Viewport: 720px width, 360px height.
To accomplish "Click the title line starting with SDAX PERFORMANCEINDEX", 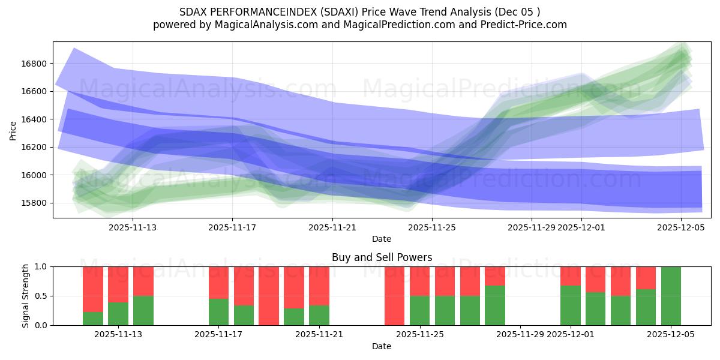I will click(x=360, y=12).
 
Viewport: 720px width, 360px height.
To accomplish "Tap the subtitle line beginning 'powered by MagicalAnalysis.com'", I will click(x=360, y=25).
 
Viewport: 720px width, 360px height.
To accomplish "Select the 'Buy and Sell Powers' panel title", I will click(x=382, y=257).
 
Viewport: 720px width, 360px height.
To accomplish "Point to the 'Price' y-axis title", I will click(x=13, y=130).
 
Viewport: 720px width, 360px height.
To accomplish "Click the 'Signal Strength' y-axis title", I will click(x=25, y=296).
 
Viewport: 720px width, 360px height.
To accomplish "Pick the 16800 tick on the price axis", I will click(x=35, y=64).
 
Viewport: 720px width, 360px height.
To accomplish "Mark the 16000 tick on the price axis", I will click(x=35, y=175).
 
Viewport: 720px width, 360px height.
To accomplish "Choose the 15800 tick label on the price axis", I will click(x=35, y=203).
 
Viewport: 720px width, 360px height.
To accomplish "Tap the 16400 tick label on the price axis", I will click(x=35, y=119).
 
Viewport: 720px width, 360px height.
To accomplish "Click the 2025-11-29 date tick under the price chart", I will click(x=532, y=227).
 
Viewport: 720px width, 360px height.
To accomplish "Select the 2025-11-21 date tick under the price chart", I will click(x=332, y=227).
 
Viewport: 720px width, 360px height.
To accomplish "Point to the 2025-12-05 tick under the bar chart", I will click(x=671, y=335).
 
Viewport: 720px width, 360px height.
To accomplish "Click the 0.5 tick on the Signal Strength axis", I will click(x=41, y=296).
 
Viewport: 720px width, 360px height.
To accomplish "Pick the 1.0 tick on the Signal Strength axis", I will click(x=41, y=266).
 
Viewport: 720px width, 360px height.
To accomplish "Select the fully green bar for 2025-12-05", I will click(x=671, y=296).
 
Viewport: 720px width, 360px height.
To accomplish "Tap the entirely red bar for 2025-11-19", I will click(x=269, y=296).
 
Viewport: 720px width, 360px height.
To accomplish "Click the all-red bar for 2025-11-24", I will click(x=394, y=296).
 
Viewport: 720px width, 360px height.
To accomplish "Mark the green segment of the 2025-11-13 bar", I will click(x=143, y=311).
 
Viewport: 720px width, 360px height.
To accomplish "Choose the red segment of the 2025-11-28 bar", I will click(x=495, y=275).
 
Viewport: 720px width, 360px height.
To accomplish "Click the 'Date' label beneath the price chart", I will click(x=382, y=239).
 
